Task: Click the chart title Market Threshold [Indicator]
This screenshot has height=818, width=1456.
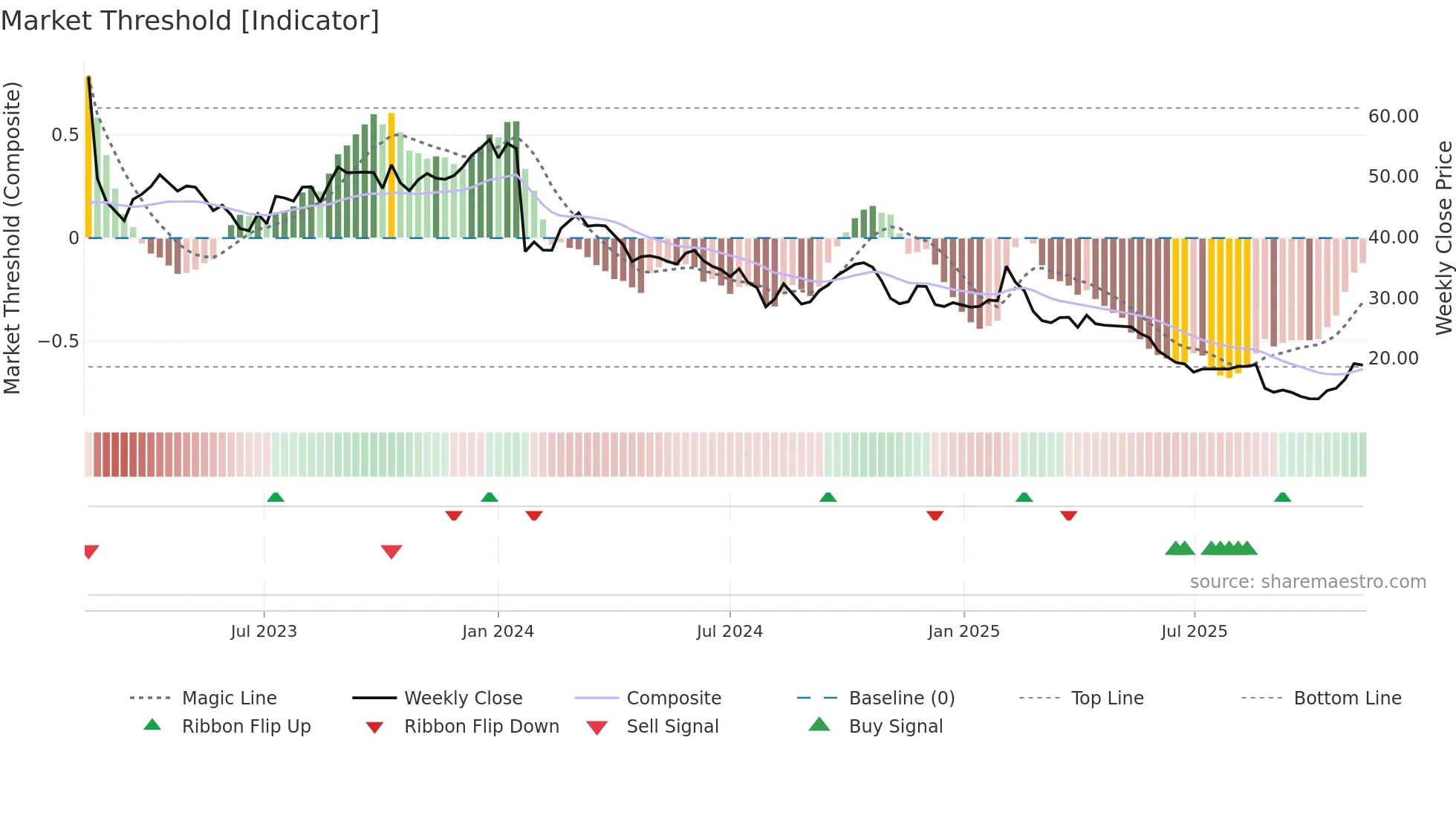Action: pyautogui.click(x=190, y=21)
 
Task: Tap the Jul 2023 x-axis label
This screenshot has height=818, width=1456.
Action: pyautogui.click(x=264, y=632)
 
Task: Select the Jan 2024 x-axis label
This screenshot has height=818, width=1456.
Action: pyautogui.click(x=498, y=632)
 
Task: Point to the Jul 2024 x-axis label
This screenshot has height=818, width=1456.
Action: pyautogui.click(x=729, y=632)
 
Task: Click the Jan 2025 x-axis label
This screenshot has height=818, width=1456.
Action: pyautogui.click(x=963, y=632)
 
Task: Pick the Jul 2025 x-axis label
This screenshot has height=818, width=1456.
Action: pyautogui.click(x=1195, y=632)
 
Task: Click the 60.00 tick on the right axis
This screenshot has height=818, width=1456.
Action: pyautogui.click(x=1393, y=117)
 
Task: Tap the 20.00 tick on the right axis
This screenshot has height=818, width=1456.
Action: pyautogui.click(x=1393, y=359)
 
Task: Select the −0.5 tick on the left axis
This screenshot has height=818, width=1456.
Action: pyautogui.click(x=58, y=341)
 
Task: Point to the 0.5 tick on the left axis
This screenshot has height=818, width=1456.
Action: pyautogui.click(x=65, y=135)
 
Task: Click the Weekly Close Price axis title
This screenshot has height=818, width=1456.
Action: pyautogui.click(x=1443, y=238)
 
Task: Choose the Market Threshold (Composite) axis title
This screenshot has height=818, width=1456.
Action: pyautogui.click(x=12, y=238)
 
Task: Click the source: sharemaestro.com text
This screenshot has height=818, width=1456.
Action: pyautogui.click(x=1307, y=582)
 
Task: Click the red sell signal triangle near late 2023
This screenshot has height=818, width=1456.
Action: pyautogui.click(x=391, y=552)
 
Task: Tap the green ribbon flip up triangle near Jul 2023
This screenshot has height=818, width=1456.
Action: pyautogui.click(x=276, y=497)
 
